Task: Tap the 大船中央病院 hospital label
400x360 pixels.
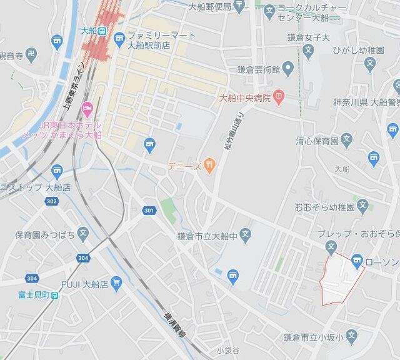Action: pos(244,97)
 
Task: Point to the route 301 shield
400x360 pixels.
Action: pos(149,210)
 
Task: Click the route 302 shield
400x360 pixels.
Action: pos(51,201)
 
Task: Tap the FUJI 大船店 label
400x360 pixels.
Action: pos(84,284)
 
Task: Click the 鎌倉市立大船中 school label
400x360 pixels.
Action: pos(208,235)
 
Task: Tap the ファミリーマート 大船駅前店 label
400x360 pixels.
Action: pos(160,40)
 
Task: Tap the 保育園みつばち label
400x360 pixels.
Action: pos(46,235)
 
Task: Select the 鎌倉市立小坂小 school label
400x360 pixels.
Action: pos(312,337)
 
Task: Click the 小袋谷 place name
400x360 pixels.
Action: pos(229,349)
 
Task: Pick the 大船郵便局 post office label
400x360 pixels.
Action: pos(209,7)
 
